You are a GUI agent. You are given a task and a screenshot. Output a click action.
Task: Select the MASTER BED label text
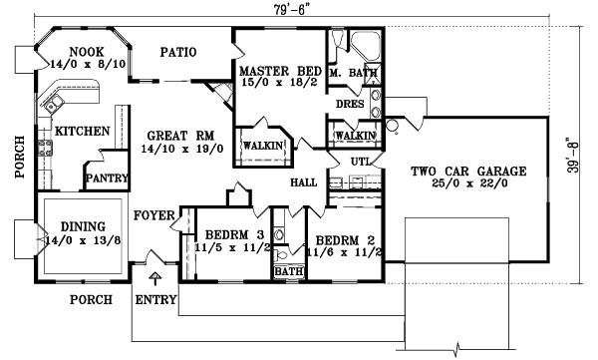coord(276,70)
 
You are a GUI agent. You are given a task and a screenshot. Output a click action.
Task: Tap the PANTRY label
coord(104,180)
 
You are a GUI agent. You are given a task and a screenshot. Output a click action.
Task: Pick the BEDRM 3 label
coord(232,236)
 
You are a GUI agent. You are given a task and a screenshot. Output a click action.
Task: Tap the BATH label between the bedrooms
coord(288,271)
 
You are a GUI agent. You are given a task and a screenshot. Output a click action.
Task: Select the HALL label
coord(303,184)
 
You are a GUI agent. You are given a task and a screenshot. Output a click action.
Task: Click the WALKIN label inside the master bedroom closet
coord(262,147)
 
